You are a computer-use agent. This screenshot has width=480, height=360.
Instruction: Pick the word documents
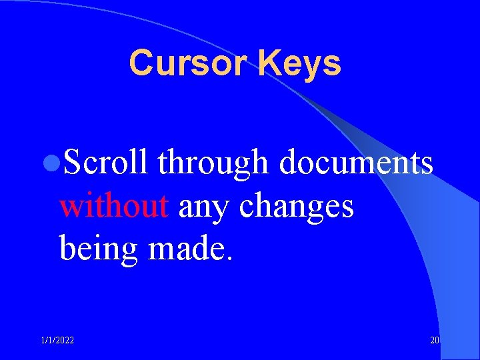356,163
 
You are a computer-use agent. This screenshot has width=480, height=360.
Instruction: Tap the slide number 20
435,341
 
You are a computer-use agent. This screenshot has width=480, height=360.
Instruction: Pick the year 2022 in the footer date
65,341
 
